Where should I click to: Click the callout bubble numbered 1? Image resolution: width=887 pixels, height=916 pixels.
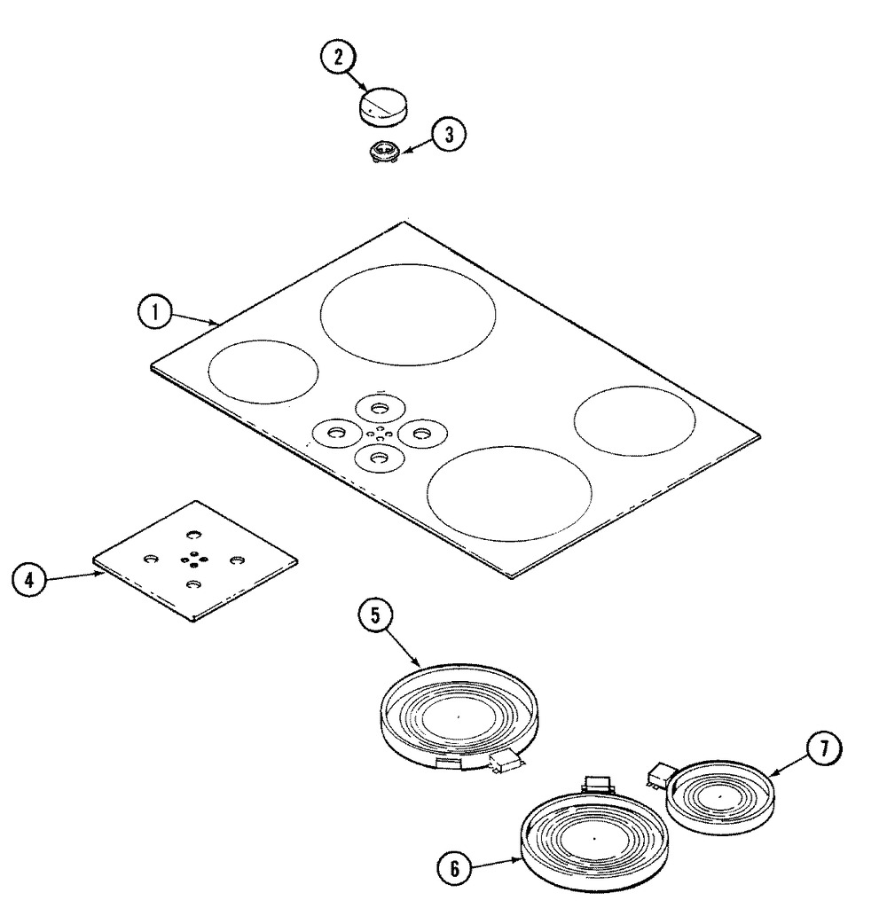pos(155,312)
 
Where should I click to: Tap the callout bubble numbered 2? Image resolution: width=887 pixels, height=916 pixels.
pos(338,58)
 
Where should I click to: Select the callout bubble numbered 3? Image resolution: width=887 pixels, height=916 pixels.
pos(449,135)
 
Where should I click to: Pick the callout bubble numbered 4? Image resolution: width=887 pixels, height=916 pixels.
pos(28,580)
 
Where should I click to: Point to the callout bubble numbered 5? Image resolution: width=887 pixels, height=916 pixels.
pos(375,615)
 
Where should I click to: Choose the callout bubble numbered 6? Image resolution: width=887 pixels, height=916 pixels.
pos(455,869)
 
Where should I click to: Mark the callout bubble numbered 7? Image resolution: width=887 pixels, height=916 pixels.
pos(824,748)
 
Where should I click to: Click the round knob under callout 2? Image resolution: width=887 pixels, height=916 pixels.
pos(382,106)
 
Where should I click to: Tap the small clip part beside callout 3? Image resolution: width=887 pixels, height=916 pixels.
pos(385,153)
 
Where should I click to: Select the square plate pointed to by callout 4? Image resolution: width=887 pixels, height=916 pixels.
pos(195,560)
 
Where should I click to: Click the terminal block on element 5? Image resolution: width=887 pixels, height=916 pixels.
pos(503,762)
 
